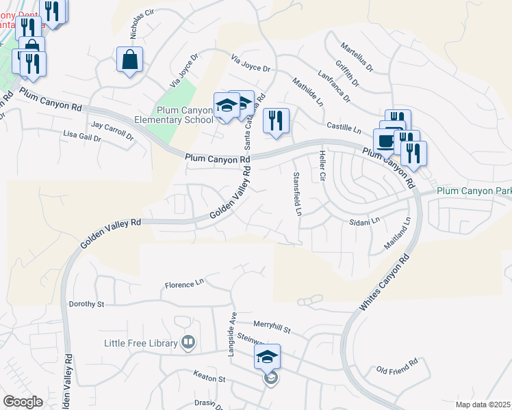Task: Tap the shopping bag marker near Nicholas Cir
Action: click(129, 61)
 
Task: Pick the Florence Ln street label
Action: click(185, 282)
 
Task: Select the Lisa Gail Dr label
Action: click(81, 137)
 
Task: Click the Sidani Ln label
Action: click(364, 222)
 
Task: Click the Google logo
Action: click(23, 402)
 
